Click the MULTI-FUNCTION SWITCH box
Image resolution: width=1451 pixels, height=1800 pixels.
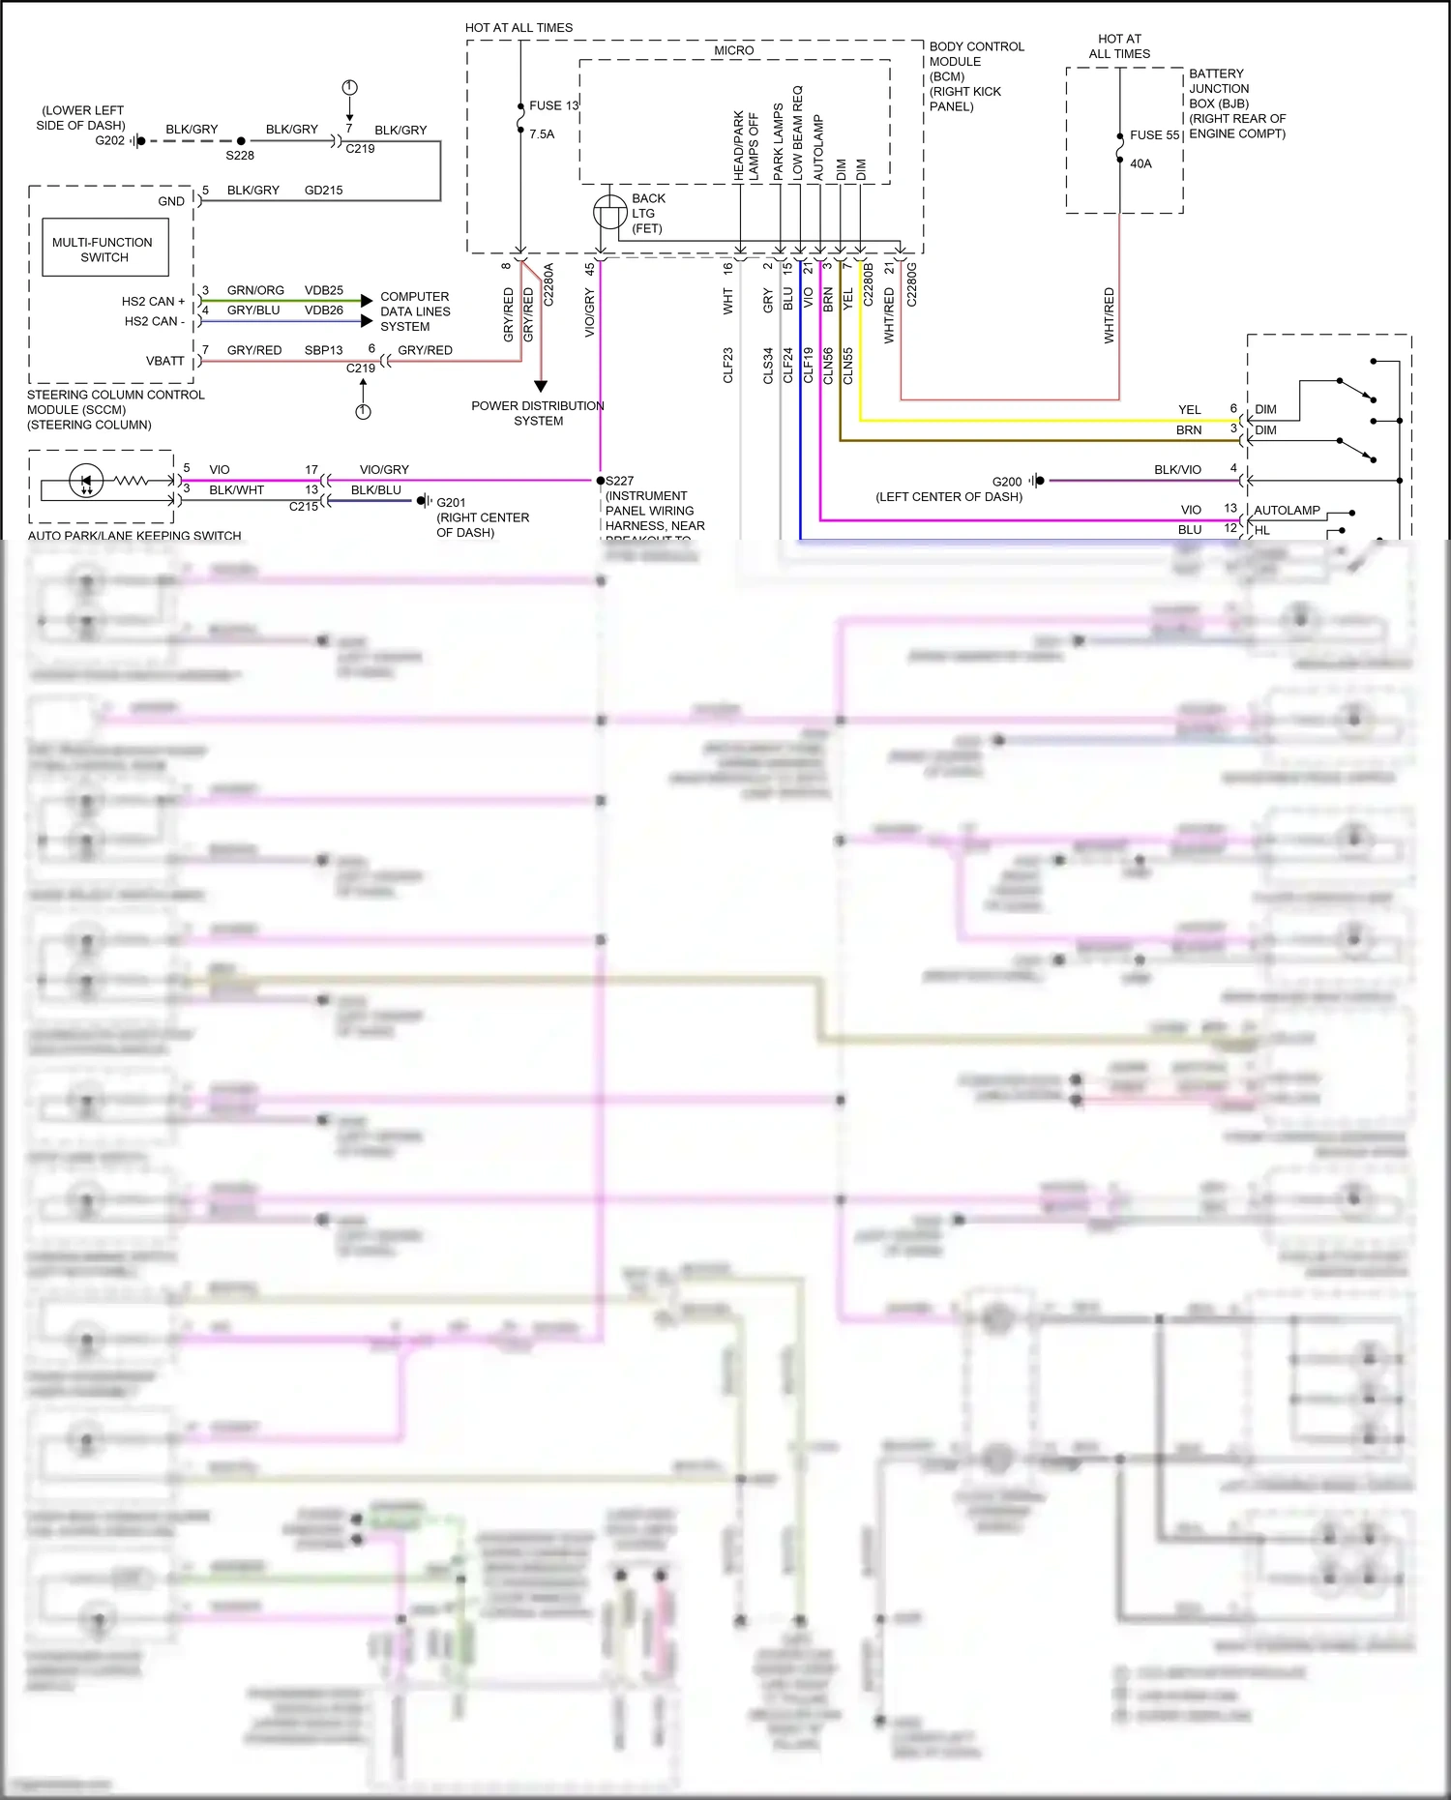click(x=104, y=249)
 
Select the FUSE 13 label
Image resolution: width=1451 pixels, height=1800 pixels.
click(x=553, y=105)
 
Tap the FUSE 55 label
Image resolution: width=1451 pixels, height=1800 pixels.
click(x=1154, y=135)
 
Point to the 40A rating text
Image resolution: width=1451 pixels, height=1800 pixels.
click(x=1140, y=163)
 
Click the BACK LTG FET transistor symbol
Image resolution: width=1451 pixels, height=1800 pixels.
click(x=609, y=212)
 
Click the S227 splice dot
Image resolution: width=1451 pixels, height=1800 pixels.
click(x=600, y=481)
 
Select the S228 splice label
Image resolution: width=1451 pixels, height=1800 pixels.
click(x=240, y=155)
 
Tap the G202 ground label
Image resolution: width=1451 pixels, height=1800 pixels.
click(x=109, y=141)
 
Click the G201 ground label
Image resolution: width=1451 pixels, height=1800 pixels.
click(x=451, y=502)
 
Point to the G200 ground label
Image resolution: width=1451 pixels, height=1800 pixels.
click(x=1006, y=482)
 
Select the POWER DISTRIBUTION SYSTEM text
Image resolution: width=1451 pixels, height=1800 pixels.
click(x=538, y=413)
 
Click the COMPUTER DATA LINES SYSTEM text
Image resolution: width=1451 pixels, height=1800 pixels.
click(x=415, y=311)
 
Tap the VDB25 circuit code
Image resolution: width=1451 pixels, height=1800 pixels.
click(x=323, y=290)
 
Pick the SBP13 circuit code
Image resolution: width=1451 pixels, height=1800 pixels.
click(x=323, y=350)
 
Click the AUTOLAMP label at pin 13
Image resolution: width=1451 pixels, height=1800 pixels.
click(x=1287, y=510)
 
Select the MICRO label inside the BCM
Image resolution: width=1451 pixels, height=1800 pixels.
click(x=733, y=50)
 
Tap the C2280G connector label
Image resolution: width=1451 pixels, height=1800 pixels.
click(x=911, y=284)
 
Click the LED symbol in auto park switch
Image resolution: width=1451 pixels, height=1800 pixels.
click(x=86, y=480)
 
